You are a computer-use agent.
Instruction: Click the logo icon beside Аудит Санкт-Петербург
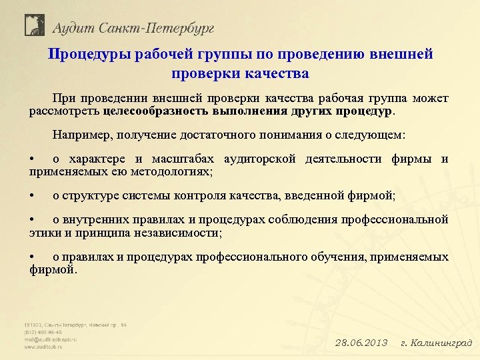point(33,25)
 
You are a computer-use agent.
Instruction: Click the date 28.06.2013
point(361,343)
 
